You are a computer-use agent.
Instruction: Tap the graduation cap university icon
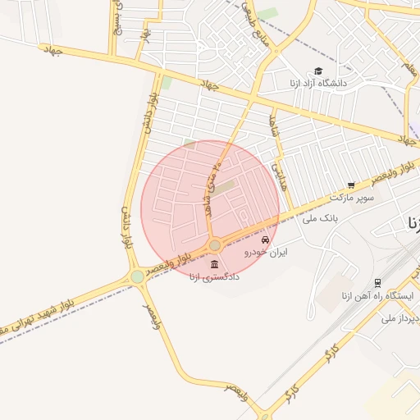(318, 71)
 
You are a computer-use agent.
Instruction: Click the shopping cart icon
(351, 185)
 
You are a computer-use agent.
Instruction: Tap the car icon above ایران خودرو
(264, 240)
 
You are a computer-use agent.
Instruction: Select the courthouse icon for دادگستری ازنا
(214, 264)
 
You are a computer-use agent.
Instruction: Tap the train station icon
(378, 282)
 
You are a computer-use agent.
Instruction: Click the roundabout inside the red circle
(215, 245)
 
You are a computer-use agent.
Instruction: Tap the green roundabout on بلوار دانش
(137, 277)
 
